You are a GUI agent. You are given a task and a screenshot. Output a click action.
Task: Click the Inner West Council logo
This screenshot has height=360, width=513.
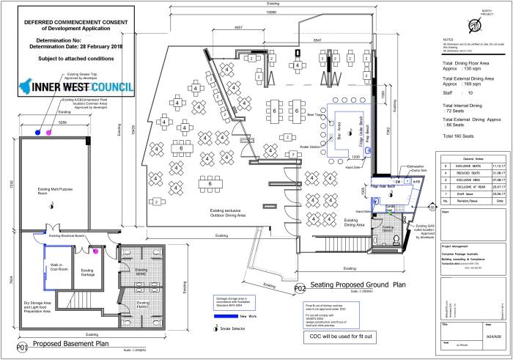click(x=73, y=85)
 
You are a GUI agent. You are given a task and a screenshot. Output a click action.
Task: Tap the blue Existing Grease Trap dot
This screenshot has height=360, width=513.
click(x=37, y=133)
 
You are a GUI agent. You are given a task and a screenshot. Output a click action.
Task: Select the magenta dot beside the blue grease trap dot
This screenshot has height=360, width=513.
click(x=49, y=133)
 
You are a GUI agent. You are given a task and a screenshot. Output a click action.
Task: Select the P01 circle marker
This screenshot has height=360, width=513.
click(x=22, y=345)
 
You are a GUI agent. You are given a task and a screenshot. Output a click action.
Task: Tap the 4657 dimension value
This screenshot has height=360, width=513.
click(x=239, y=28)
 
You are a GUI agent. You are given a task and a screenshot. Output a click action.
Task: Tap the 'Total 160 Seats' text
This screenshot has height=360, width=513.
click(x=465, y=138)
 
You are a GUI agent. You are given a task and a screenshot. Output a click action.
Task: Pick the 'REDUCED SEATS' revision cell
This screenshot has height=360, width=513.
click(x=465, y=173)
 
